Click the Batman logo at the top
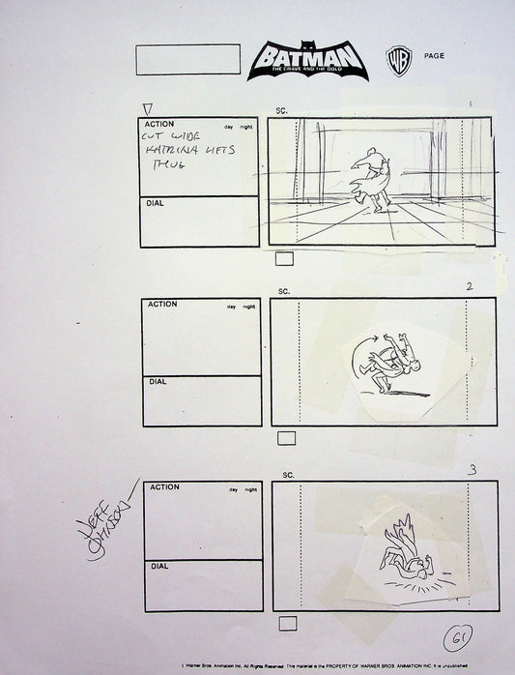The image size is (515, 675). [x=306, y=61]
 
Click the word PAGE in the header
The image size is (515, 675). [x=434, y=56]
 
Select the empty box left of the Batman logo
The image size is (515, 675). [x=187, y=60]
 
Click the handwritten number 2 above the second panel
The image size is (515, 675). [x=469, y=286]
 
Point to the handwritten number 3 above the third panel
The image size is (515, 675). [x=472, y=470]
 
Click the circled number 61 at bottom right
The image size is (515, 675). [x=458, y=639]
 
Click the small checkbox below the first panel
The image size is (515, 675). [x=285, y=258]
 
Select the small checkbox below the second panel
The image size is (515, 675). [x=287, y=438]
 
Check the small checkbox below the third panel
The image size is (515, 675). [x=287, y=623]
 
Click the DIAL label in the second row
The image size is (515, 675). [x=157, y=382]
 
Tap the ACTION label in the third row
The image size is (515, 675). [x=164, y=488]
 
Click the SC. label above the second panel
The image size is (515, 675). [x=284, y=291]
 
